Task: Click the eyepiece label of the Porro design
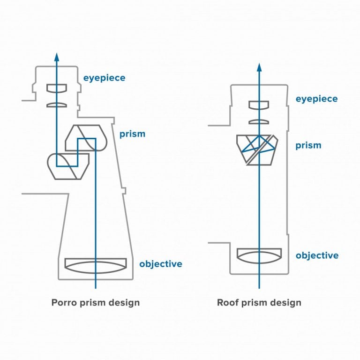click(x=104, y=78)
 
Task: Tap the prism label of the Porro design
click(x=132, y=134)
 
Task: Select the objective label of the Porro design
click(x=160, y=264)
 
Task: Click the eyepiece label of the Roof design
click(x=316, y=99)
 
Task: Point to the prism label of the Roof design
click(x=308, y=145)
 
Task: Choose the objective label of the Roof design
click(x=317, y=255)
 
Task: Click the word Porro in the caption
click(x=64, y=302)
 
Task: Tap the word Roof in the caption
click(x=227, y=302)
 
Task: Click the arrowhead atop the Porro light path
click(x=57, y=58)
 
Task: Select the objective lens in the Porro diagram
click(x=96, y=265)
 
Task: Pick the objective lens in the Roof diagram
click(x=259, y=255)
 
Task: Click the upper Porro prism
click(x=87, y=137)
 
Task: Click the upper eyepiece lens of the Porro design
click(x=57, y=88)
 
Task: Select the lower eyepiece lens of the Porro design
click(x=57, y=105)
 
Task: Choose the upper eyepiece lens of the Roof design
click(x=259, y=105)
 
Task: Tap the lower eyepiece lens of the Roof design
click(x=259, y=122)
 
